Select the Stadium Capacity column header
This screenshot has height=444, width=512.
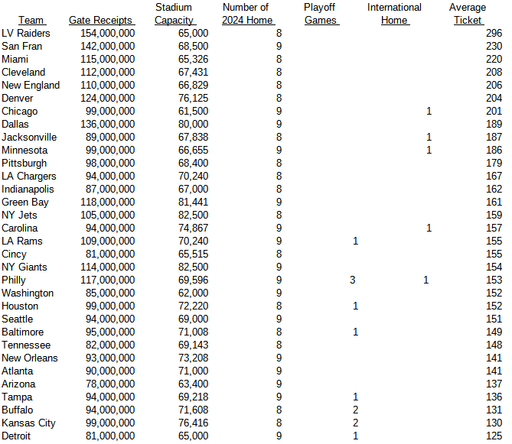(x=174, y=14)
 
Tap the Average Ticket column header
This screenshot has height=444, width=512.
(x=468, y=14)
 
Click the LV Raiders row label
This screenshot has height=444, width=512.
(x=26, y=34)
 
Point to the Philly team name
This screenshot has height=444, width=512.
(x=14, y=280)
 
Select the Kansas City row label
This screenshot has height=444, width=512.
(x=28, y=423)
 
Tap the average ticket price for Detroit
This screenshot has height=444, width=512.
(x=494, y=436)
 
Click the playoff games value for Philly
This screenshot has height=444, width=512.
(x=353, y=280)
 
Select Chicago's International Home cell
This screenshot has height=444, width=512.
(x=429, y=112)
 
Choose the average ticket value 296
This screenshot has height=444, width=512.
(x=494, y=34)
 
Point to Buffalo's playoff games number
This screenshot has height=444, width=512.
(x=356, y=410)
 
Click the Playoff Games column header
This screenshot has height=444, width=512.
(x=321, y=14)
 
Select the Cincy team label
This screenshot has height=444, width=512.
(x=15, y=254)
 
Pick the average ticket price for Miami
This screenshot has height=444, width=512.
(x=494, y=60)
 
